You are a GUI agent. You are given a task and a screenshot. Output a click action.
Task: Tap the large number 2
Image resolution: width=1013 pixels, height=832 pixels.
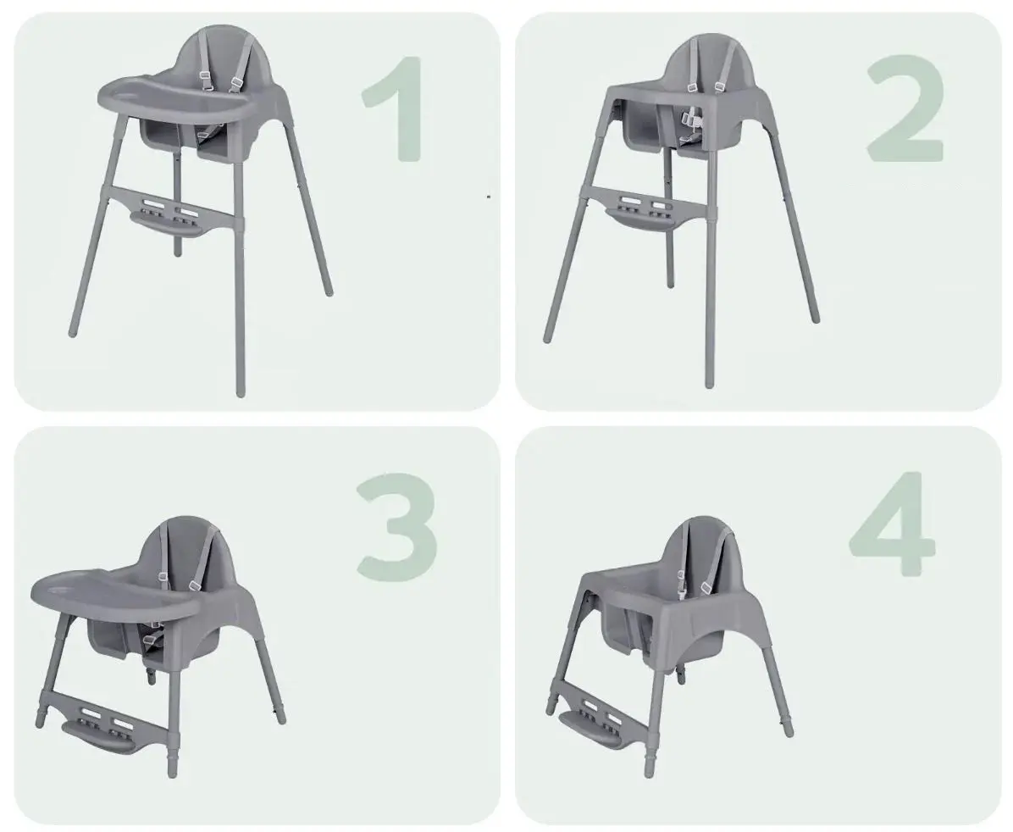click(905, 108)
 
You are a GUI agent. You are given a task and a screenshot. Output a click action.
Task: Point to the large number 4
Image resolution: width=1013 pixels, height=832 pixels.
click(893, 524)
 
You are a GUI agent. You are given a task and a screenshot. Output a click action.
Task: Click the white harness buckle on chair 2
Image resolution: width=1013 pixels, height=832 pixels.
click(693, 119)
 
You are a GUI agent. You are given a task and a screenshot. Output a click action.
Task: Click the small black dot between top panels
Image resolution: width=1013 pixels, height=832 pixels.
click(489, 195)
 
